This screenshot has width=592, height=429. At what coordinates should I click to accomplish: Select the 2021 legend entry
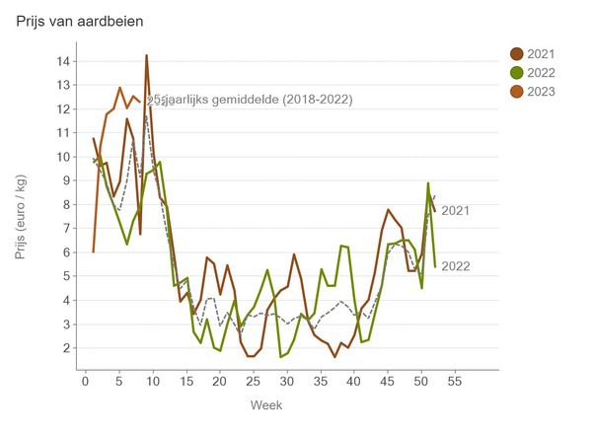(538, 53)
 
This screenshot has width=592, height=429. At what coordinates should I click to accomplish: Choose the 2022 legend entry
(538, 73)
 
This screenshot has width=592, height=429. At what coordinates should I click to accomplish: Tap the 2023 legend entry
(538, 92)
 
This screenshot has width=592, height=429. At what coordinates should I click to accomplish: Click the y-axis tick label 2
(63, 348)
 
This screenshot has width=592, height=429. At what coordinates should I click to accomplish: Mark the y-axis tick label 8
(63, 205)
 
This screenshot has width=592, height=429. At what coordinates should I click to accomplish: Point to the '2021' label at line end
(455, 210)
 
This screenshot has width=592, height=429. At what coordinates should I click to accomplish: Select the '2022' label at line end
(455, 266)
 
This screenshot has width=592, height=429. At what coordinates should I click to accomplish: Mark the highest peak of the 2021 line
(146, 55)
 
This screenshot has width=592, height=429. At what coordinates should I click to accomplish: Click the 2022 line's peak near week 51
(428, 183)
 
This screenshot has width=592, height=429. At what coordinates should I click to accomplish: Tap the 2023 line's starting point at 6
(93, 251)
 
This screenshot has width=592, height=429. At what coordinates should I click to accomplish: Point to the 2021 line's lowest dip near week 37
(334, 356)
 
